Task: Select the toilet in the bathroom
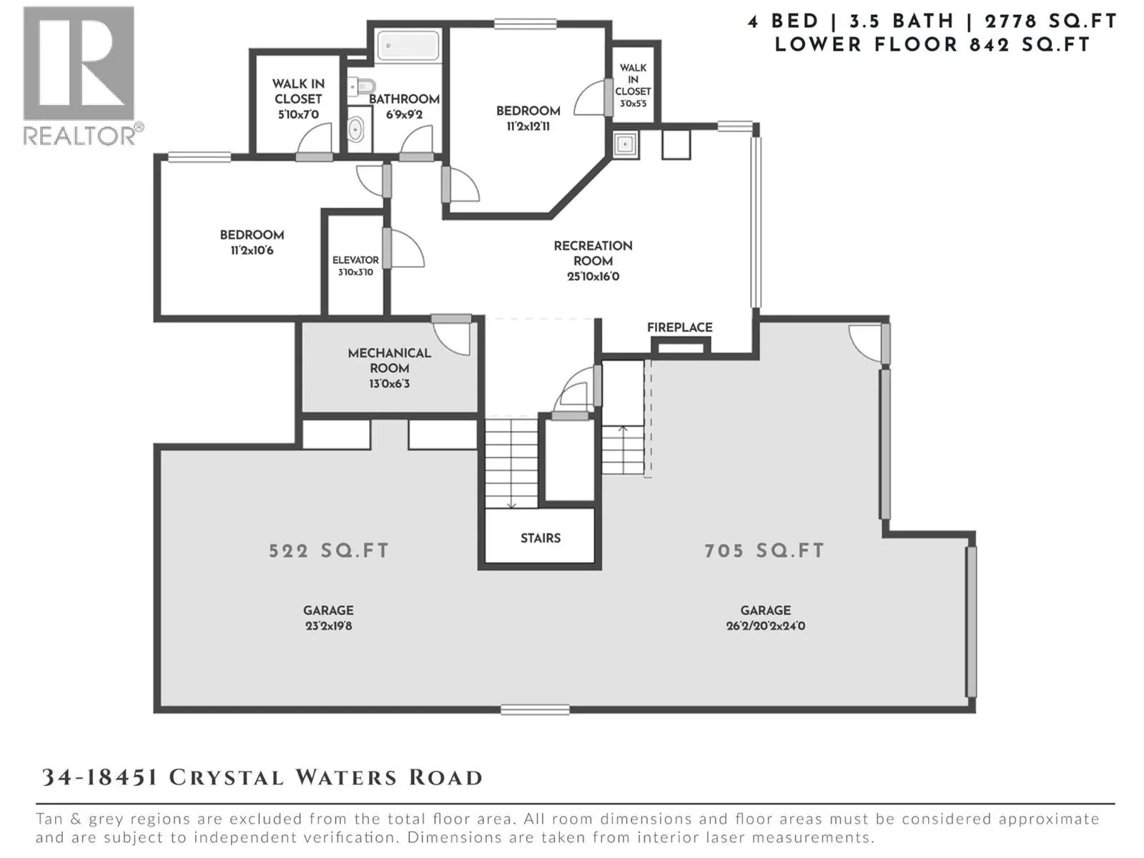pyautogui.click(x=361, y=87)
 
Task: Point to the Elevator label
pyautogui.click(x=355, y=260)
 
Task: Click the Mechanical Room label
pyautogui.click(x=390, y=360)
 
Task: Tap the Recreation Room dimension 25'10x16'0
pyautogui.click(x=593, y=276)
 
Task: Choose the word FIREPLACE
pyautogui.click(x=680, y=327)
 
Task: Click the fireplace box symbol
pyautogui.click(x=681, y=346)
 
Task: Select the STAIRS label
pyautogui.click(x=541, y=538)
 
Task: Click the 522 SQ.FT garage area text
pyautogui.click(x=328, y=551)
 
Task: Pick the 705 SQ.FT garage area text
pyautogui.click(x=764, y=551)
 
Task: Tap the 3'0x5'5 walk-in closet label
pyautogui.click(x=633, y=104)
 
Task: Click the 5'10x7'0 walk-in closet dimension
pyautogui.click(x=298, y=114)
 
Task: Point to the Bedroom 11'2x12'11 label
pyautogui.click(x=528, y=118)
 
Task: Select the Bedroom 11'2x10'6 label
pyautogui.click(x=252, y=242)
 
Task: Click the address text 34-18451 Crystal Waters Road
pyautogui.click(x=262, y=778)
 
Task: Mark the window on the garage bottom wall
pyautogui.click(x=535, y=709)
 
